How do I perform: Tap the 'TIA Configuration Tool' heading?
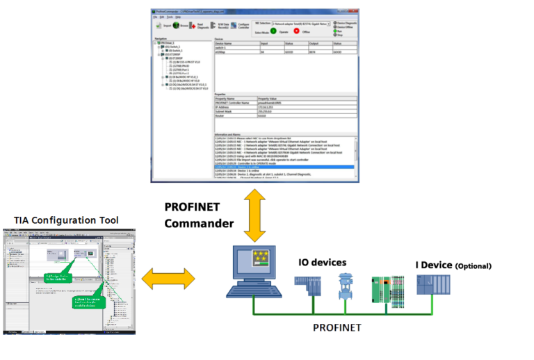(66, 220)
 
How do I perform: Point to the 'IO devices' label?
(322, 262)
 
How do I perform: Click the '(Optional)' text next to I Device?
(473, 266)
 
